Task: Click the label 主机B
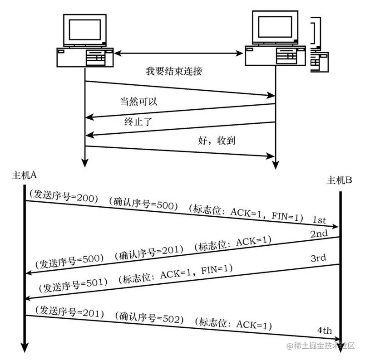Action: click(340, 180)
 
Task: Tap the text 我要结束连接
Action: click(174, 71)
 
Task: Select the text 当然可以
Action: click(138, 102)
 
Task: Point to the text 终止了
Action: click(138, 122)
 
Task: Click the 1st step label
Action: click(319, 220)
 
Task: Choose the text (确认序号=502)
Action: click(149, 317)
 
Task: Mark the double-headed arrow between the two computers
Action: click(178, 54)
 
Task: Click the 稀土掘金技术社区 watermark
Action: click(323, 346)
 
